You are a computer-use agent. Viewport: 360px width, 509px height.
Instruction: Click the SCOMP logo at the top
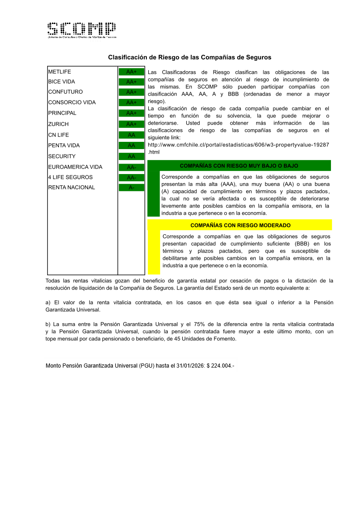82,30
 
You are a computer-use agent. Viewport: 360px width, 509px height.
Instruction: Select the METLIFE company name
60,72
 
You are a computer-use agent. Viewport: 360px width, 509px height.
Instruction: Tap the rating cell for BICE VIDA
131,82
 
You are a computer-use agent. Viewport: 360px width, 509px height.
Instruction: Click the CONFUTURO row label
65,92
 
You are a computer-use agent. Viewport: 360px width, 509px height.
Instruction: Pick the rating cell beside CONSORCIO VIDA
131,102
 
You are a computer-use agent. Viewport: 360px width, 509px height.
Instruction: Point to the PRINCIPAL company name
62,113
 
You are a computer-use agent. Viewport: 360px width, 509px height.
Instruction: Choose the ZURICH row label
58,124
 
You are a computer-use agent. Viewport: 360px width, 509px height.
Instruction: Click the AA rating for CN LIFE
131,135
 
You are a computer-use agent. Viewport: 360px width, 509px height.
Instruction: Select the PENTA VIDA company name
64,145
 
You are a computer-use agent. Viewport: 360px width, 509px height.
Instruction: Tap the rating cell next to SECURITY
131,156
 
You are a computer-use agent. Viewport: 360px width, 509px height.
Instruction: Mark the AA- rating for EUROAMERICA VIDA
131,167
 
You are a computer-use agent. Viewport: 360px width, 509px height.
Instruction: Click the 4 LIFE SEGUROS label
70,177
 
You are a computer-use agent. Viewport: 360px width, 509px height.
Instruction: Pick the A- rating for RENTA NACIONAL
131,188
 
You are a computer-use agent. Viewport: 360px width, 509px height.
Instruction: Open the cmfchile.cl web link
238,145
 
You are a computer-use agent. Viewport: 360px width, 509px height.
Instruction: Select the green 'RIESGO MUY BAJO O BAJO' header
239,165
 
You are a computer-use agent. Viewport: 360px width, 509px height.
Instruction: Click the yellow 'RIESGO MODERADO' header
240,225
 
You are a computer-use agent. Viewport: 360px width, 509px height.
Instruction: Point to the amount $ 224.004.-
220,365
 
